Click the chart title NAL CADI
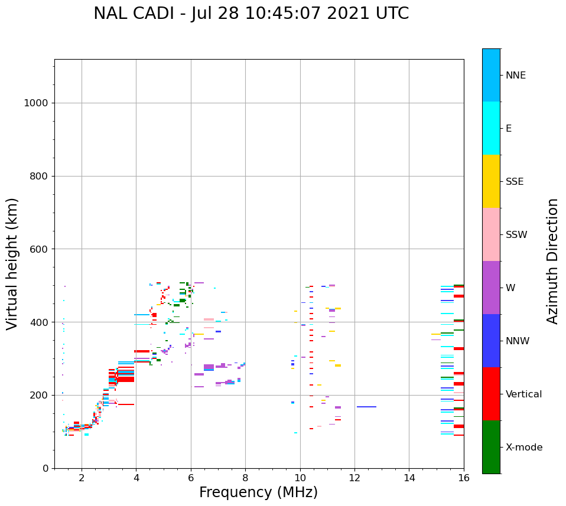(x=136, y=14)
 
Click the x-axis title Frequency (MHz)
(x=258, y=492)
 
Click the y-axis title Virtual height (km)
(x=12, y=263)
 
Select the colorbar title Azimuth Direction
(x=552, y=261)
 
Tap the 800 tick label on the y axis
(x=38, y=177)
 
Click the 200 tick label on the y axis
(x=38, y=395)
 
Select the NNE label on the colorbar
(x=515, y=76)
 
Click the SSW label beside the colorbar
(x=516, y=235)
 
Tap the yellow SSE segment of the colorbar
(x=491, y=181)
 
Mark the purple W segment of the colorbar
(x=491, y=288)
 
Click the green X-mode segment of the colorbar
(x=491, y=447)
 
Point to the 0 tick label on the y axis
(x=45, y=468)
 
